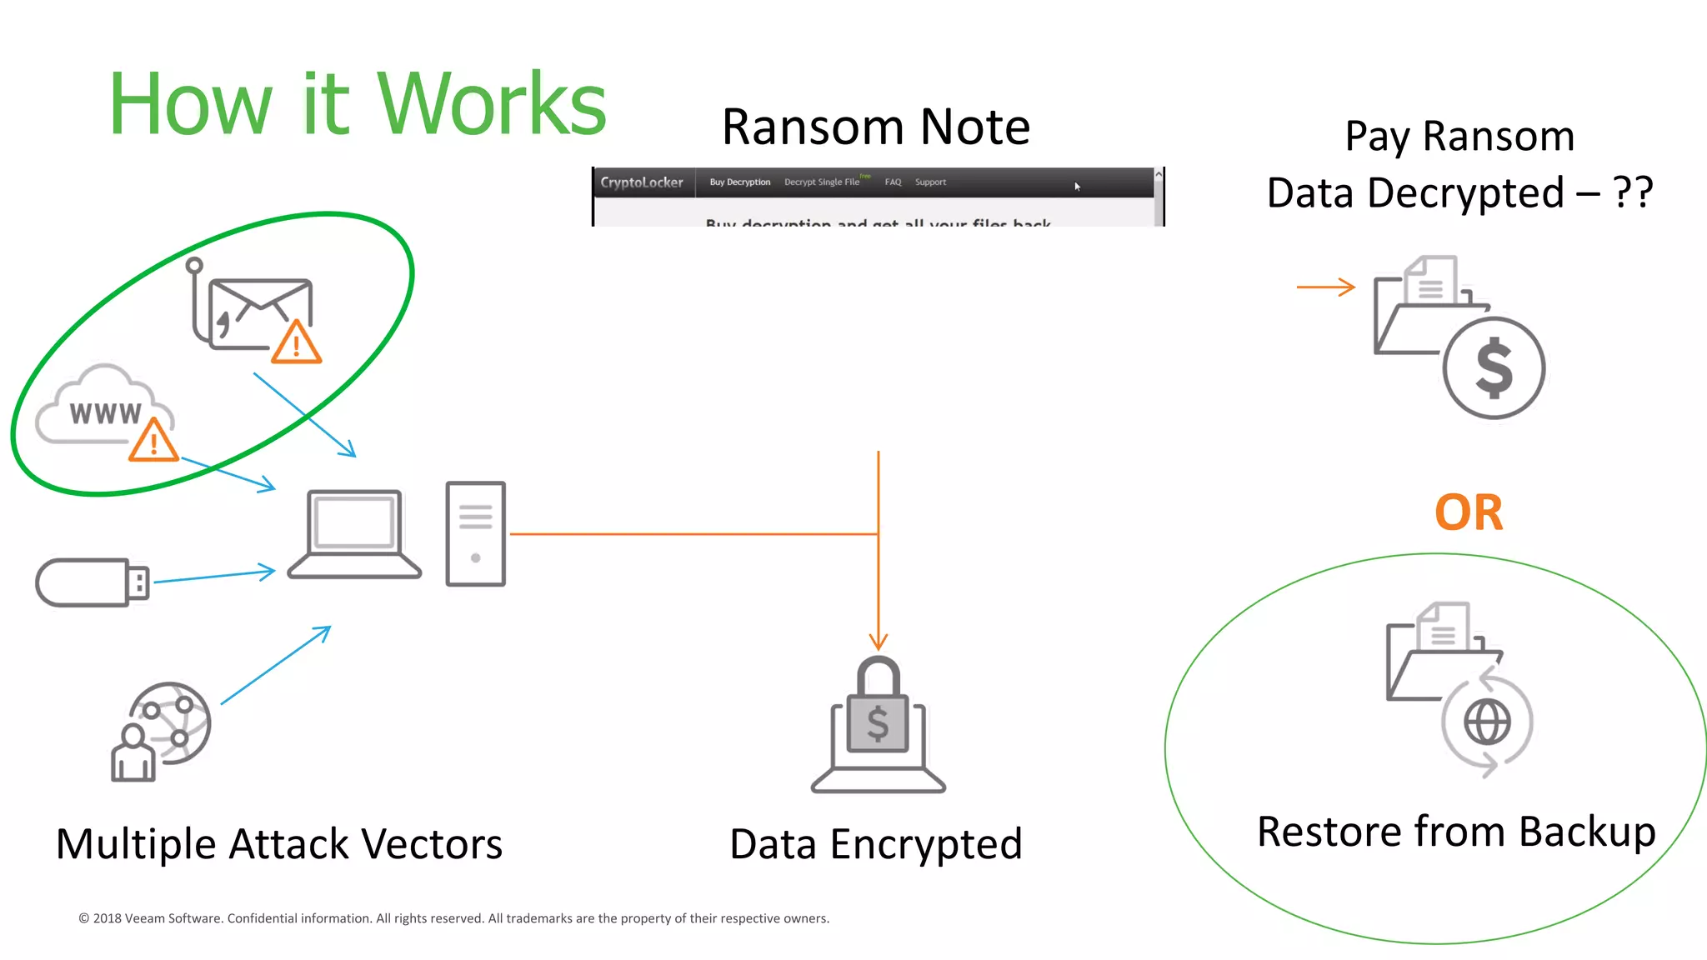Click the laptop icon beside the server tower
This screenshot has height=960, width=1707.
pyautogui.click(x=354, y=534)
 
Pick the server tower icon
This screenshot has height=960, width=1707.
pyautogui.click(x=475, y=534)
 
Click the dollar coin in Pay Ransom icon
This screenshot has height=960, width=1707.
pyautogui.click(x=1494, y=367)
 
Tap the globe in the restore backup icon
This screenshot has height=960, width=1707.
pyautogui.click(x=1488, y=722)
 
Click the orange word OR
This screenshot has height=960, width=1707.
pyautogui.click(x=1469, y=512)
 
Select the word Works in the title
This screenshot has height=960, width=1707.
pyautogui.click(x=492, y=105)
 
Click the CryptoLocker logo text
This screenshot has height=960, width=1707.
pyautogui.click(x=642, y=182)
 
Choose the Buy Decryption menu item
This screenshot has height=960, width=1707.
pyautogui.click(x=739, y=182)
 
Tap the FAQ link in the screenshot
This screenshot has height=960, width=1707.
pyautogui.click(x=893, y=182)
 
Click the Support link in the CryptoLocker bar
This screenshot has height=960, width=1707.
pyautogui.click(x=930, y=182)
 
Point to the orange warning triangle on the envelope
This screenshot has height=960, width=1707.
pyautogui.click(x=296, y=345)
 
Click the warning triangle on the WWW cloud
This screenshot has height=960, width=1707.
pyautogui.click(x=153, y=442)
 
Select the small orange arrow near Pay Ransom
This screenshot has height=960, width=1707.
pyautogui.click(x=1325, y=287)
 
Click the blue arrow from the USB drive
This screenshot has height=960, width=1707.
pyautogui.click(x=214, y=576)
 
